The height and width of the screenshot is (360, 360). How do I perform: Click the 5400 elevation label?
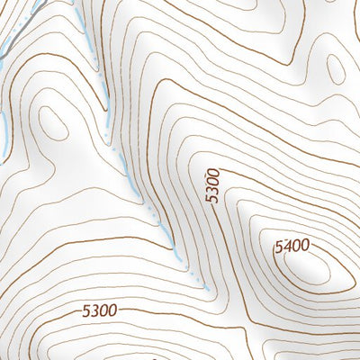292,245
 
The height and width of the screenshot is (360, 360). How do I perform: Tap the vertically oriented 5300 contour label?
213,184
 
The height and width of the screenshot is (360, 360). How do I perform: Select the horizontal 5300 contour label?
99,311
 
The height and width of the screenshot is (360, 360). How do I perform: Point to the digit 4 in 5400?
286,245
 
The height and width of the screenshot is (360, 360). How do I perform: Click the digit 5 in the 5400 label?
278,245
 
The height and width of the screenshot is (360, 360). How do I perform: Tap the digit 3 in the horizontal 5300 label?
94,311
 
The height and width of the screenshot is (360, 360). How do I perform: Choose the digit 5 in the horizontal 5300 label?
85,311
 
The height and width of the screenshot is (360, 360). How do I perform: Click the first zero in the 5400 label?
296,245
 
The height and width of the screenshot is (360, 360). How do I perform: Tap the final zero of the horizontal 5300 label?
112,311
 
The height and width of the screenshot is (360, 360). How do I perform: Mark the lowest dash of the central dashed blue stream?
206,289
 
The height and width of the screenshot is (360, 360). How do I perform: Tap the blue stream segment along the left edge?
5,126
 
